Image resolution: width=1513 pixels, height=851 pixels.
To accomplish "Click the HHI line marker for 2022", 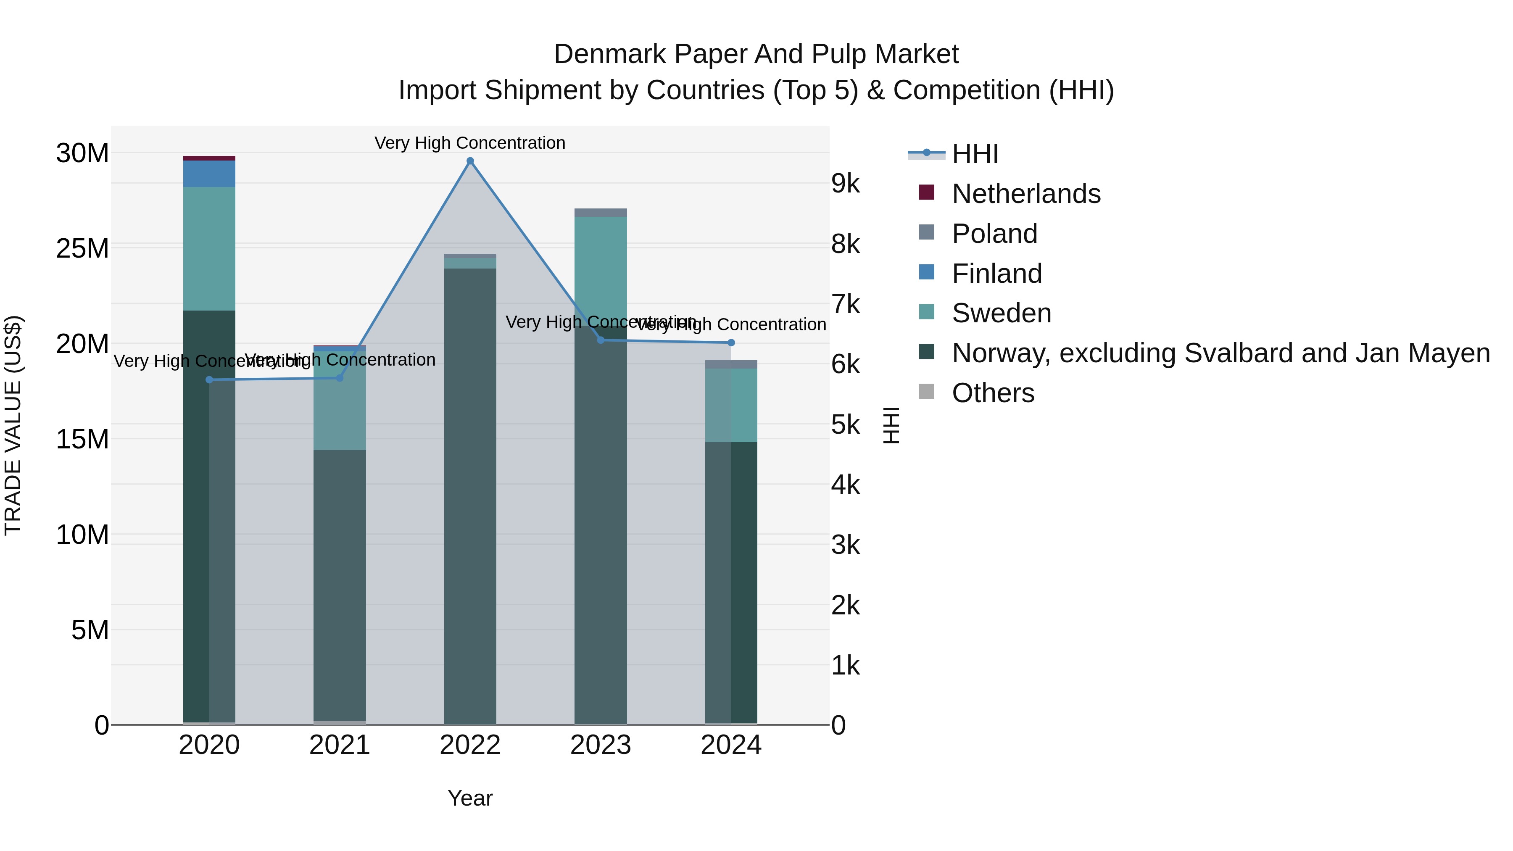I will coord(470,161).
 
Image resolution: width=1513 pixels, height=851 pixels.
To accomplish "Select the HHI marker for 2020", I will coord(209,380).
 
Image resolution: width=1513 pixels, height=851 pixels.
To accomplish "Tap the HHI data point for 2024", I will coord(731,343).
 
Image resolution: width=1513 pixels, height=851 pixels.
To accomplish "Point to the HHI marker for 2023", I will coord(600,340).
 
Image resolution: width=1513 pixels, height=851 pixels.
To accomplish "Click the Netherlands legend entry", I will coord(1025,194).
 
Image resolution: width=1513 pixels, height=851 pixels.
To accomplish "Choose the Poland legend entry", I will coord(994,234).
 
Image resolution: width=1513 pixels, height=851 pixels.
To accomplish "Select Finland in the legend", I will coord(997,274).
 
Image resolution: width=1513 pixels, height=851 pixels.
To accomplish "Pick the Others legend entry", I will coord(993,393).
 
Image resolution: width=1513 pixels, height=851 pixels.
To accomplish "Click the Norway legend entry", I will coord(1220,353).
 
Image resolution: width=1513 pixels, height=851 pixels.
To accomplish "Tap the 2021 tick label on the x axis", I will coord(340,745).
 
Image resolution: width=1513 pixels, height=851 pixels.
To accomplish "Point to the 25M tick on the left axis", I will coord(82,248).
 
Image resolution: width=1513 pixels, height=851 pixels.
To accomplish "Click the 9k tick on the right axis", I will coord(845,184).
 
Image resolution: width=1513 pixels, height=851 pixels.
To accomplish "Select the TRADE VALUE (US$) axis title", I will coord(13,425).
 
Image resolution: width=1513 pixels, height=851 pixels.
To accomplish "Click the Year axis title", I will coord(470,798).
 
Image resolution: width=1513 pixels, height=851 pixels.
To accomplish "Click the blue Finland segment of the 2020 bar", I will coord(209,174).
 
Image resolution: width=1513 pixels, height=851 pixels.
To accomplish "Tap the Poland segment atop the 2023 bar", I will coord(600,213).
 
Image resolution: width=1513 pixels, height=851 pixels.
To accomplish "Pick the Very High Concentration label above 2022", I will coord(470,143).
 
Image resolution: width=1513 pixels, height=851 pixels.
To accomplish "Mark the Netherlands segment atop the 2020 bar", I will coord(209,158).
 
